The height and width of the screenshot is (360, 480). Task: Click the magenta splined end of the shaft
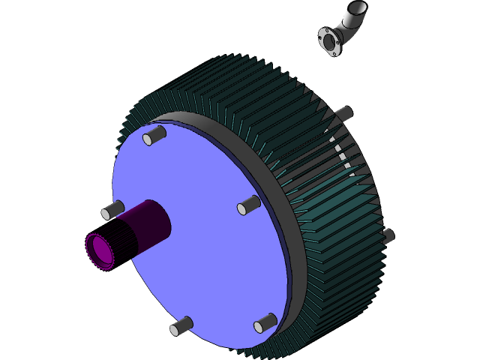[x=99, y=250]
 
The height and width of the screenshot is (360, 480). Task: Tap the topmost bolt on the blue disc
[x=154, y=135]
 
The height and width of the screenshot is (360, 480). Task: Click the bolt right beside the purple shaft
[x=112, y=209]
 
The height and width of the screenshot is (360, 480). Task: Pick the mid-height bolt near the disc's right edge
[x=249, y=205]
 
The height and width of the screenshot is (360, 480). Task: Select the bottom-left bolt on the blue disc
[x=181, y=325]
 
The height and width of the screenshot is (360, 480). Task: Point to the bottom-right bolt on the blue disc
[x=265, y=323]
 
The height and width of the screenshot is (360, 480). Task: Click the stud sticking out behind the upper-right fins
[x=343, y=114]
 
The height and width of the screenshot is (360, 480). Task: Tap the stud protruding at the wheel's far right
[x=387, y=236]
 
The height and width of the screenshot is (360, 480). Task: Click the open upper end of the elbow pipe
[x=357, y=9]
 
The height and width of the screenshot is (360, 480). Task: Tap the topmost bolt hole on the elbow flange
[x=325, y=31]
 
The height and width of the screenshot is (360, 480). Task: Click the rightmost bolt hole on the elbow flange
[x=338, y=43]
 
